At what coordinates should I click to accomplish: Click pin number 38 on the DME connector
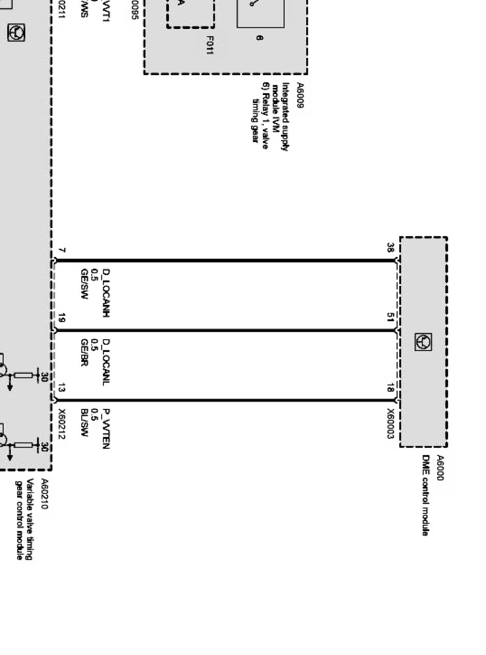point(390,247)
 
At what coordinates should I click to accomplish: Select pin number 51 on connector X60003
point(390,317)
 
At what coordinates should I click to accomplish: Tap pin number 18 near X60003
point(390,388)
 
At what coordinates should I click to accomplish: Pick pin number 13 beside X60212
point(61,388)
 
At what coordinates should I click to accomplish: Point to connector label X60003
point(391,424)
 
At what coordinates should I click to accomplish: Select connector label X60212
point(62,424)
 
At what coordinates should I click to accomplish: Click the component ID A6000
point(440,468)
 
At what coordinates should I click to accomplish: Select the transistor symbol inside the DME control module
point(424,342)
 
